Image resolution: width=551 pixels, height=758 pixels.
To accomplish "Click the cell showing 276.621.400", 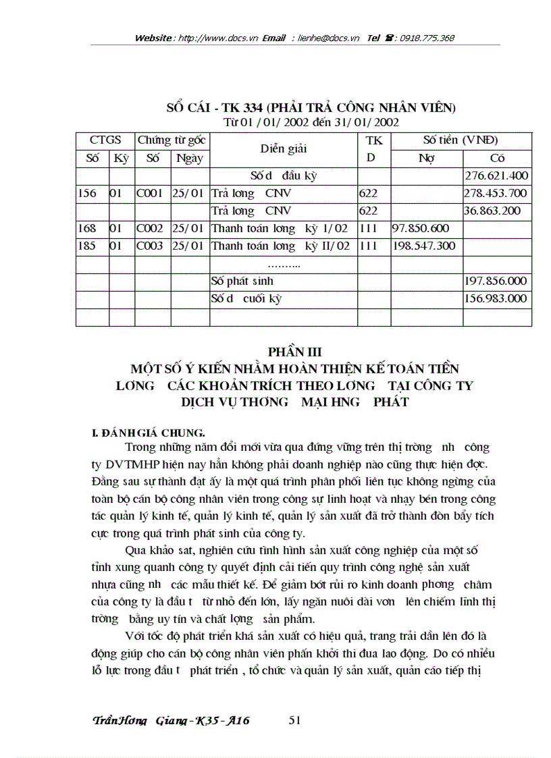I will pyautogui.click(x=497, y=176).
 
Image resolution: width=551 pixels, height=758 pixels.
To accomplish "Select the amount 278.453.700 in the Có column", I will pyautogui.click(x=497, y=194).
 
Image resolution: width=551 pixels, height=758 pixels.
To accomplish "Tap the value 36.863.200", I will pyautogui.click(x=492, y=211).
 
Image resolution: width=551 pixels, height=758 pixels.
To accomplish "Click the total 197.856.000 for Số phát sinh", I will pyautogui.click(x=497, y=281).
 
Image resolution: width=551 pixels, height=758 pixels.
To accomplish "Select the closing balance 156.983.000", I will pyautogui.click(x=497, y=298).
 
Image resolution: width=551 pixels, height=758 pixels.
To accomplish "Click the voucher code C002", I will pyautogui.click(x=150, y=229).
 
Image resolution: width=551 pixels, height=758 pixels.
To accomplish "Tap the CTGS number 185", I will pyautogui.click(x=86, y=246).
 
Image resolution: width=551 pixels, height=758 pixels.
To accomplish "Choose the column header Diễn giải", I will pyautogui.click(x=283, y=149).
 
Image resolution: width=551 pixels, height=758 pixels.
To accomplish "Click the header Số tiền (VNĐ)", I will pyautogui.click(x=461, y=140).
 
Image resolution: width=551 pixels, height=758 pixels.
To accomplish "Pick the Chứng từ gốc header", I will pyautogui.click(x=172, y=140).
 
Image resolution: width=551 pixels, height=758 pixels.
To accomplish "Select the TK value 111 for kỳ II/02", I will pyautogui.click(x=369, y=246).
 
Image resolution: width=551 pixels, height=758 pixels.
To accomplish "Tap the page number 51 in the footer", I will pyautogui.click(x=294, y=720).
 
